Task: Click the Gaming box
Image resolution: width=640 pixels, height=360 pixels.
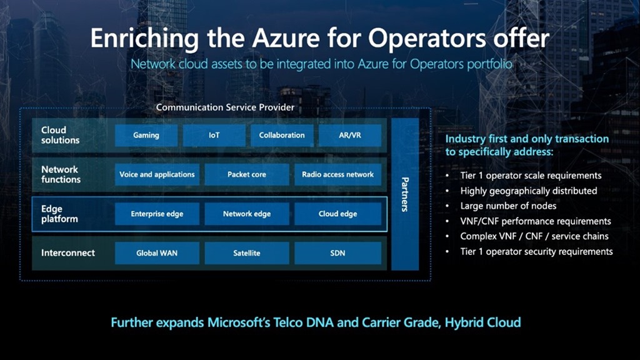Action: click(x=146, y=135)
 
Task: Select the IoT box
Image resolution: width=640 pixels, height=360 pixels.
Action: click(x=214, y=135)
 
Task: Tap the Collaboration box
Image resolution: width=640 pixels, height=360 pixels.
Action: click(x=282, y=135)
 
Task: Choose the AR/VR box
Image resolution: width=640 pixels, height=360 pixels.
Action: click(x=350, y=135)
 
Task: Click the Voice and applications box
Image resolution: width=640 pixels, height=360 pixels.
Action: click(x=157, y=174)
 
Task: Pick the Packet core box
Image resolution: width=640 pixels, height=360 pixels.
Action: click(x=247, y=174)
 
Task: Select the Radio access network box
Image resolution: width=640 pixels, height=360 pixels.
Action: click(x=337, y=174)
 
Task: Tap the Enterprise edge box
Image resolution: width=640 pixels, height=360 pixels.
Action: click(x=157, y=214)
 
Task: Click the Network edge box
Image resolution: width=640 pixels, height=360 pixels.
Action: click(x=247, y=214)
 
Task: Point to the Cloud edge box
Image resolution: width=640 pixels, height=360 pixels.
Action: click(x=337, y=214)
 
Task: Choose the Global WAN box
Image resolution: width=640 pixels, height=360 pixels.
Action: click(x=157, y=253)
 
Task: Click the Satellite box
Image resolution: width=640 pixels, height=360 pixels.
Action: click(x=247, y=253)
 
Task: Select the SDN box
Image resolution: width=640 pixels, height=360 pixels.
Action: click(x=337, y=253)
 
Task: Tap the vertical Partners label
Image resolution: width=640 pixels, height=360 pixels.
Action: click(x=404, y=194)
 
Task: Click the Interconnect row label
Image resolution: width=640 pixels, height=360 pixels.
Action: click(x=68, y=253)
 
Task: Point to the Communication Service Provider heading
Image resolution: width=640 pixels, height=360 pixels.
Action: click(x=225, y=107)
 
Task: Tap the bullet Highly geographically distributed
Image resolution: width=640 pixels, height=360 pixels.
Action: click(x=529, y=191)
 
